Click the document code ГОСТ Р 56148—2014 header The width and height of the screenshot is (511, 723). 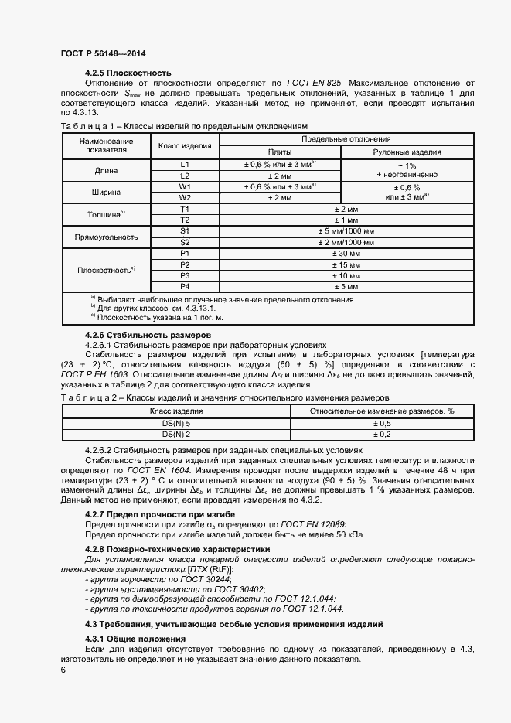click(x=103, y=53)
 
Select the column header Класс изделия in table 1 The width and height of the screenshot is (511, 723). click(x=185, y=145)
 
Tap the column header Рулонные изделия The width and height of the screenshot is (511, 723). click(x=407, y=152)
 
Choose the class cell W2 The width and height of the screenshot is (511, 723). click(x=185, y=197)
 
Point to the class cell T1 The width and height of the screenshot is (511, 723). click(x=185, y=209)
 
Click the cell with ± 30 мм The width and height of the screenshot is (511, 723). click(x=346, y=253)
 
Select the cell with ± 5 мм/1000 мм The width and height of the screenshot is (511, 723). click(x=346, y=230)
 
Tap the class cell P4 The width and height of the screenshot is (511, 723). click(x=185, y=286)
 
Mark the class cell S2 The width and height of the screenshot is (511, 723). click(x=185, y=241)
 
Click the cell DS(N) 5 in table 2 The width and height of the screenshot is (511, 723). click(x=175, y=424)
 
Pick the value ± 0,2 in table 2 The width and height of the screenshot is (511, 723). click(x=382, y=435)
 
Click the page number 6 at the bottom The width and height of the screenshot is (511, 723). click(x=63, y=670)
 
